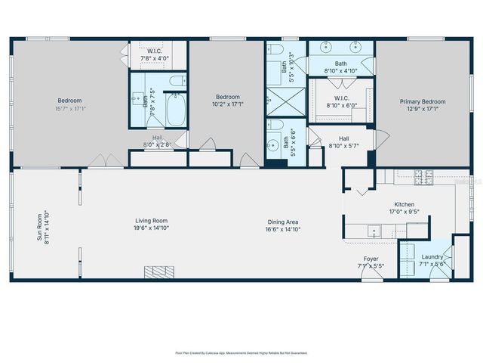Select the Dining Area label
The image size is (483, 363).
click(x=284, y=222)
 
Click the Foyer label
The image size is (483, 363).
click(x=371, y=259)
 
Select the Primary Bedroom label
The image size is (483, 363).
click(x=423, y=102)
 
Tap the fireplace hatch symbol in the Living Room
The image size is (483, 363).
click(x=159, y=271)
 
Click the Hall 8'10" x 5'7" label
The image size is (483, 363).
click(x=343, y=138)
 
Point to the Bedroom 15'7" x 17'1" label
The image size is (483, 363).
click(x=69, y=100)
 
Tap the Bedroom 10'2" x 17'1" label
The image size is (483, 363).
click(x=227, y=97)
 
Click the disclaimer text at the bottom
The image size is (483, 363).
click(x=241, y=352)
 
